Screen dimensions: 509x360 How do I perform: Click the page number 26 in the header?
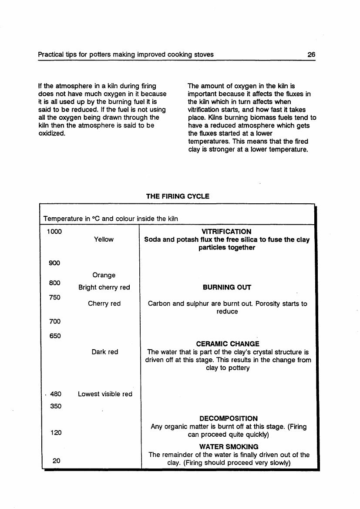click(x=311, y=54)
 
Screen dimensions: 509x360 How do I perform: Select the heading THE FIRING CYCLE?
click(x=178, y=196)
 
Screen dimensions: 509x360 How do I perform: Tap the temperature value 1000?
click(x=54, y=232)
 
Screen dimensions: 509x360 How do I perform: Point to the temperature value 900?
click(x=54, y=263)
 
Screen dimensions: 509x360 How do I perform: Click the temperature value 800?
click(x=54, y=283)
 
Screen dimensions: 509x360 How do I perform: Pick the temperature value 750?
click(x=54, y=297)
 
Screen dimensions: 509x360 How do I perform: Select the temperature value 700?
click(x=54, y=321)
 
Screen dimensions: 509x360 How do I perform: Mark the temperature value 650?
click(x=54, y=336)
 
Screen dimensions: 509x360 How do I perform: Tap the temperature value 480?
click(x=56, y=394)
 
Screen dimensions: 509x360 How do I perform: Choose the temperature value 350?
click(x=56, y=406)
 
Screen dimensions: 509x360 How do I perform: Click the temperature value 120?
click(x=55, y=433)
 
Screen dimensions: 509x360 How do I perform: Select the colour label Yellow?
click(x=104, y=239)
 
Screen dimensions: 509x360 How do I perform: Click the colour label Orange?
click(x=104, y=275)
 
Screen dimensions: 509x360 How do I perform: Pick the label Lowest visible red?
click(x=105, y=394)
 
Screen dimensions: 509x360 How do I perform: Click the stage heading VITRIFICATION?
click(x=227, y=232)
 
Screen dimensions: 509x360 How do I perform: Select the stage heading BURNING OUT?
click(x=227, y=287)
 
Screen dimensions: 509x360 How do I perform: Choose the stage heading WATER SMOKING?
click(x=229, y=447)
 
